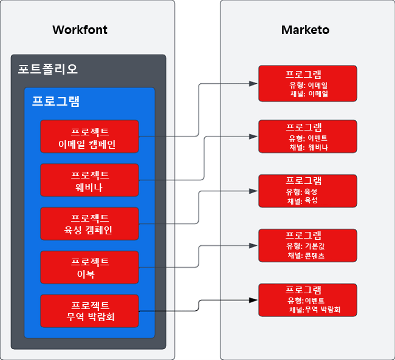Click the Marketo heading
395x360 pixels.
[305, 30]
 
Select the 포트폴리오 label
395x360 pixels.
[48, 69]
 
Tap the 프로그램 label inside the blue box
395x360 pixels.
[56, 101]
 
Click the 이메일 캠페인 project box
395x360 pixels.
[90, 137]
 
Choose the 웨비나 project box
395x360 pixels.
[90, 180]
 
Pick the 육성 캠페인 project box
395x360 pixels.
[90, 224]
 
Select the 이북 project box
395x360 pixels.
[90, 268]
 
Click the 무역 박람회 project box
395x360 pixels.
[90, 311]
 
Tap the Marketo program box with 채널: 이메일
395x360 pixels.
[304, 83]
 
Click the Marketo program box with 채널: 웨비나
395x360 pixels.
[304, 137]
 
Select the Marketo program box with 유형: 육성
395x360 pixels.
[304, 191]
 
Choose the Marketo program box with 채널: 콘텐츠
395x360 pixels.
[304, 246]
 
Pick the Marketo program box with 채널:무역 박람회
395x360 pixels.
[304, 301]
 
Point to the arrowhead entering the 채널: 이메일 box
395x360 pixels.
[254, 83]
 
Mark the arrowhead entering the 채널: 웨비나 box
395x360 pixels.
[254, 137]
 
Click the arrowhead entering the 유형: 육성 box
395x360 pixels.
[254, 191]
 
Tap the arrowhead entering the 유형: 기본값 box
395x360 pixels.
[254, 246]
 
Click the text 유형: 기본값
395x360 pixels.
[307, 246]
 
